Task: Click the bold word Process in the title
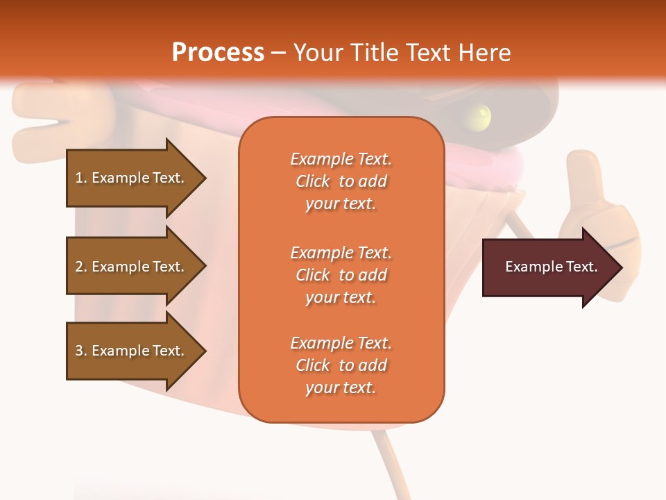218,52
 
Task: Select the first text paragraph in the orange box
341,181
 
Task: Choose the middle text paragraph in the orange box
341,275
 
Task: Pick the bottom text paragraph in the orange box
341,365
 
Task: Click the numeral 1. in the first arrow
81,178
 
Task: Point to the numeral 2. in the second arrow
81,267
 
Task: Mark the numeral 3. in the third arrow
81,351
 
